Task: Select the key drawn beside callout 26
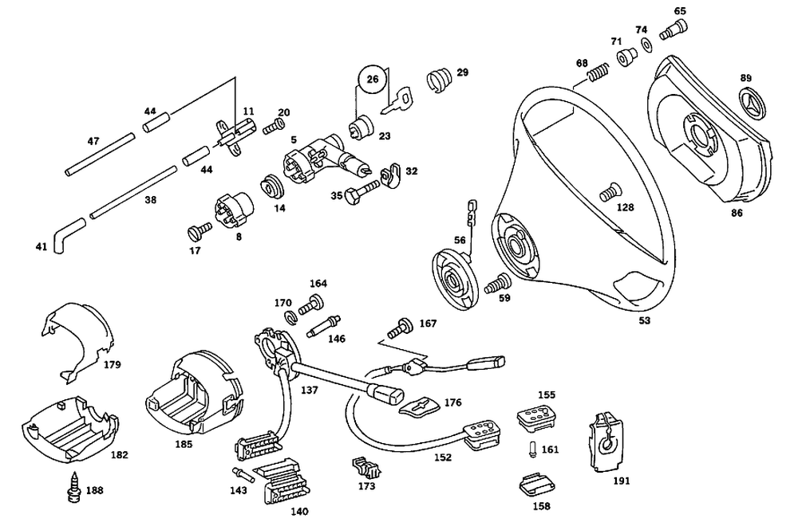coord(399,100)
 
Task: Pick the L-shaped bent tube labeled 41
coord(68,234)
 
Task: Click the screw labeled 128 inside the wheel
coord(610,191)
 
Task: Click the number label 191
coord(621,481)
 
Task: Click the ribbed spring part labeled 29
coord(436,78)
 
